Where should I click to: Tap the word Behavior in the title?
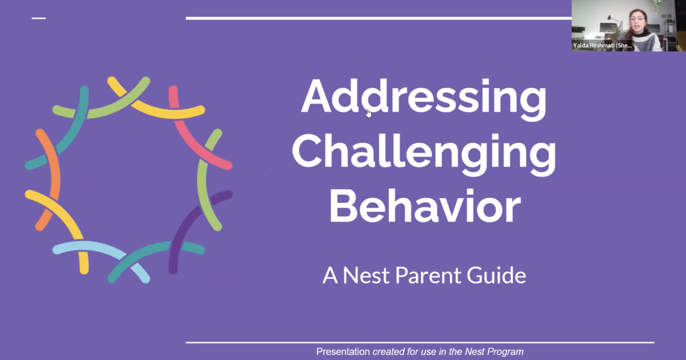(425, 206)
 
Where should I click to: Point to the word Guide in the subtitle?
(496, 275)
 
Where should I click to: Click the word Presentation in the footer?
(343, 352)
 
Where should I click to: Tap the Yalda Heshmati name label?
(603, 46)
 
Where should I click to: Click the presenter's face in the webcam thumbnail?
(637, 21)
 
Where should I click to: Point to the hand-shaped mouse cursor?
(368, 113)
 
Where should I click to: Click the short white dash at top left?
(39, 18)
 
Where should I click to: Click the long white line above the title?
(378, 18)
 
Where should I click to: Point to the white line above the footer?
(420, 342)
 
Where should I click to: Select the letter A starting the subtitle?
(330, 275)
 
